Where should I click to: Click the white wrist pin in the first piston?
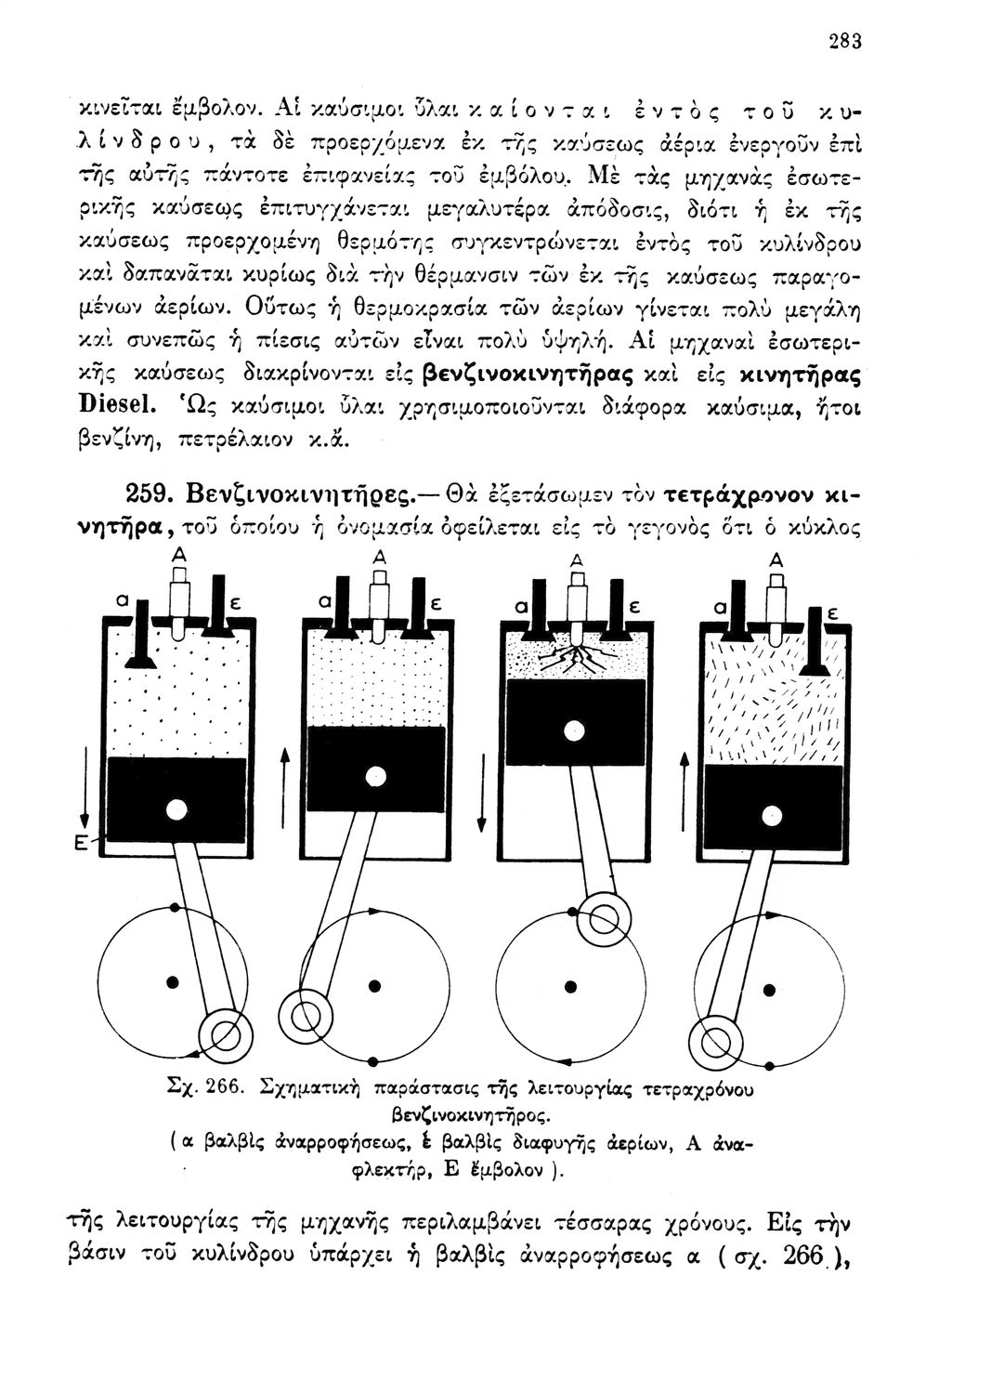point(174,808)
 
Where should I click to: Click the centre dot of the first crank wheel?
point(172,980)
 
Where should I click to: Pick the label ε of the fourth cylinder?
point(832,615)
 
